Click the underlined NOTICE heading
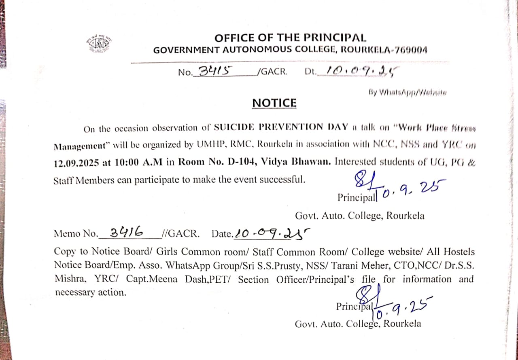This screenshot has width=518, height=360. [274, 103]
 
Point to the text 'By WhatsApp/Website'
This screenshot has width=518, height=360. [408, 93]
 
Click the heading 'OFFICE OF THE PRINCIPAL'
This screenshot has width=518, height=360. [290, 38]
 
